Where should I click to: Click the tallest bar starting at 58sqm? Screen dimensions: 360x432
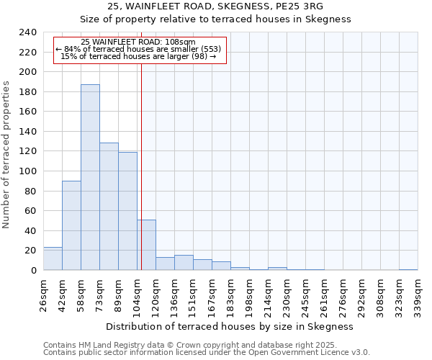90,177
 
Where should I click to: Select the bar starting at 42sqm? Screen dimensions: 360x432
71,225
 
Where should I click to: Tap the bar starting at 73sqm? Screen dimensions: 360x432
109,207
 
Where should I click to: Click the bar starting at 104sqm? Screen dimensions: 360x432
147,245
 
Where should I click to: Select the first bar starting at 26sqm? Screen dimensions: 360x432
53,258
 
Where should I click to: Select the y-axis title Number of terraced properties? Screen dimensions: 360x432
7,155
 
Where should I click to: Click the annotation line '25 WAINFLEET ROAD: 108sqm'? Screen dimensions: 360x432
139,42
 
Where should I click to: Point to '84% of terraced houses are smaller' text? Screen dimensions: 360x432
139,49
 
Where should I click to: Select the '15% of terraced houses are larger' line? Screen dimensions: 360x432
139,56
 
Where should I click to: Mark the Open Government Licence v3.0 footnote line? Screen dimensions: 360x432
207,352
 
